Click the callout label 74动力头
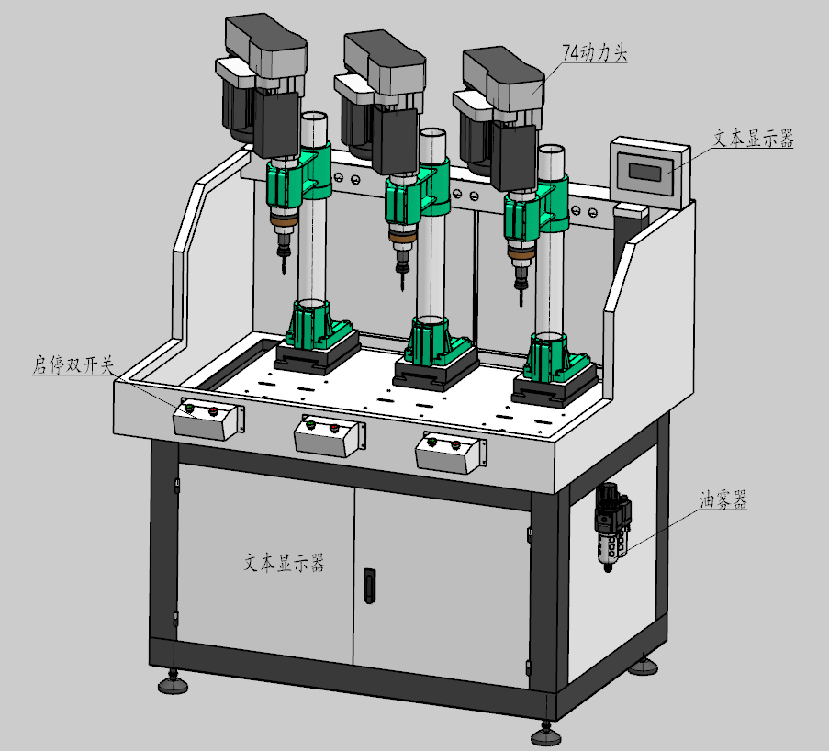pos(594,53)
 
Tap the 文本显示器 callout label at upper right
pos(754,138)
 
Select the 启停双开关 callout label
pos(73,364)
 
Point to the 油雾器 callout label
pos(723,499)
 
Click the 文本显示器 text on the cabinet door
pos(284,563)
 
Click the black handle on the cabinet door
pos(370,585)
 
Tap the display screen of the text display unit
pos(644,172)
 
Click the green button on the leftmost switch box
pos(189,408)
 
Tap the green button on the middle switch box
pos(310,424)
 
